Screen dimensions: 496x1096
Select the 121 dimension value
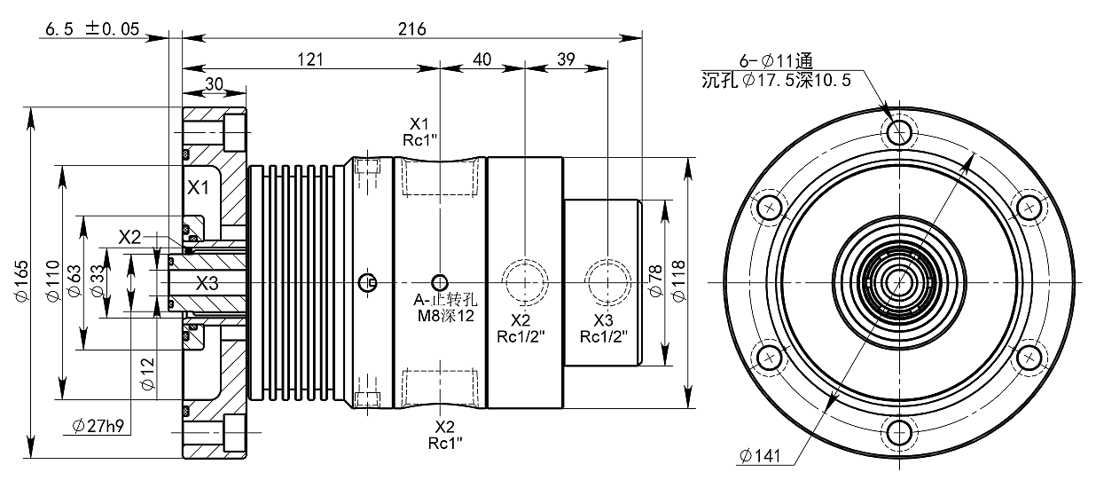coord(309,59)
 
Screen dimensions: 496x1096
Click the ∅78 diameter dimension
coord(657,282)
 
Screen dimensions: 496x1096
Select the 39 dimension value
coord(566,59)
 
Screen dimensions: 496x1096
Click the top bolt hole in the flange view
coord(899,131)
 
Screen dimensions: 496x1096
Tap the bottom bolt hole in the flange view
coord(899,434)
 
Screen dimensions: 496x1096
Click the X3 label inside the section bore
coord(207,283)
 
